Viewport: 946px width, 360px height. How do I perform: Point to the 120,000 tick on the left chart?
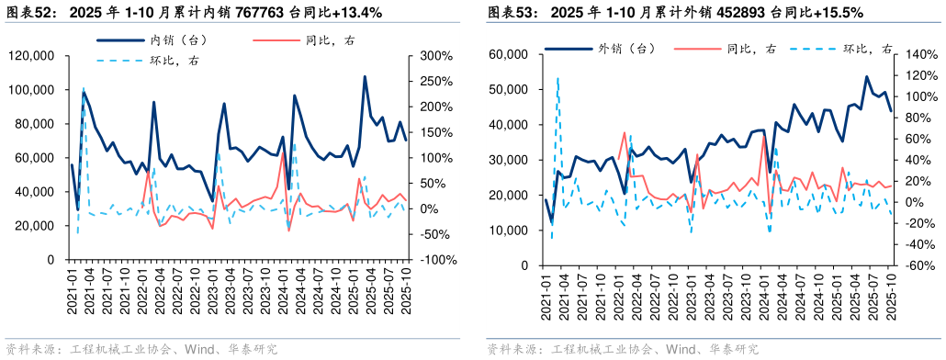click(x=30, y=56)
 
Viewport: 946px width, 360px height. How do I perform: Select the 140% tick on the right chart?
click(x=918, y=54)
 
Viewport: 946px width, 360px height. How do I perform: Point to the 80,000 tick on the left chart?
click(x=34, y=124)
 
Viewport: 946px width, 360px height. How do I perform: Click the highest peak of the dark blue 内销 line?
click(x=365, y=76)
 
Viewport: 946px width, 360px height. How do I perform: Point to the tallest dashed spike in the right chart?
click(x=557, y=79)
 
